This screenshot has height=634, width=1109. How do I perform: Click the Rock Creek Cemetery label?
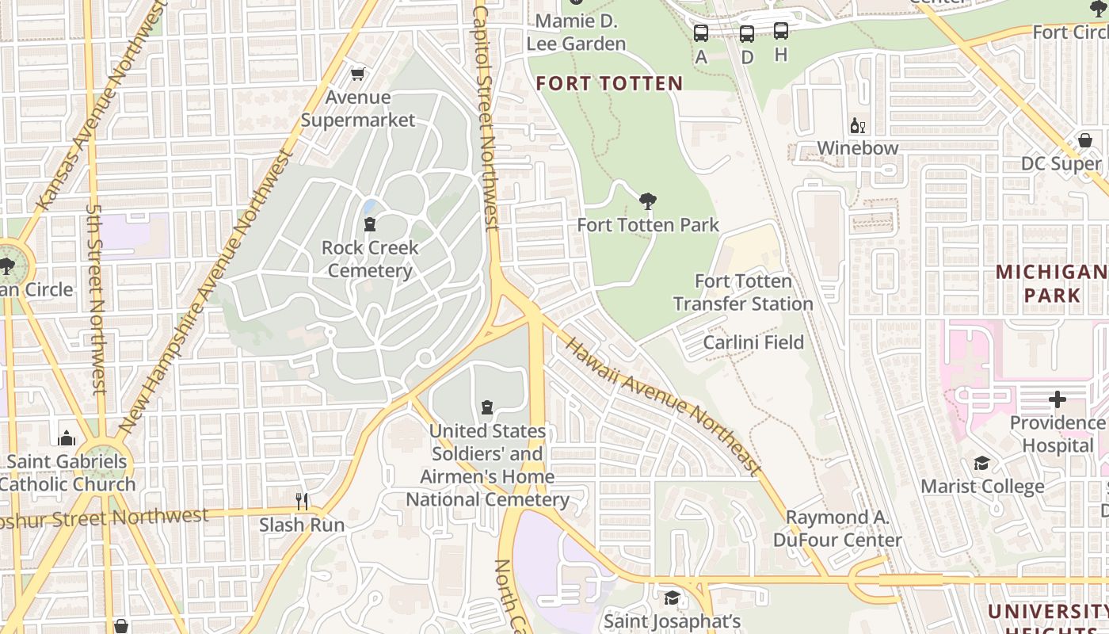coord(370,259)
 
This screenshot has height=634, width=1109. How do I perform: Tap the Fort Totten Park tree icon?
coord(648,201)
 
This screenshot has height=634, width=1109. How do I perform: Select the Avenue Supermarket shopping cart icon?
coord(358,74)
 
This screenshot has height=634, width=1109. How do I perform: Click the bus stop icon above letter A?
coord(701,33)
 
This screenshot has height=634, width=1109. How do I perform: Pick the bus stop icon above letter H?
coord(781,32)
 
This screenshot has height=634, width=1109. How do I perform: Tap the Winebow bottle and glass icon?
coord(858,125)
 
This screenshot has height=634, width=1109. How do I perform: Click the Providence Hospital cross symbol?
coord(1057,399)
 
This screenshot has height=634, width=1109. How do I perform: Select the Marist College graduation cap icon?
coord(981,463)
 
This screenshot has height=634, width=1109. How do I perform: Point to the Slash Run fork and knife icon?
coord(302,501)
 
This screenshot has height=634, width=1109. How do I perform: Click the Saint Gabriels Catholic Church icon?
coord(67,438)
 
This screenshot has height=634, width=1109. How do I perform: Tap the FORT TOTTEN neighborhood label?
coord(609,83)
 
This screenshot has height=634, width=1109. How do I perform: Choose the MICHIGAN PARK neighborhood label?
coord(1051,284)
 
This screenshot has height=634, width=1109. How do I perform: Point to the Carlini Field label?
coord(753,342)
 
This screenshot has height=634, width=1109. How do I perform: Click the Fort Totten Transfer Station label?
coord(743,292)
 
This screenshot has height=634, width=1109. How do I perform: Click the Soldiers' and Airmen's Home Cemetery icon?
coord(487,407)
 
